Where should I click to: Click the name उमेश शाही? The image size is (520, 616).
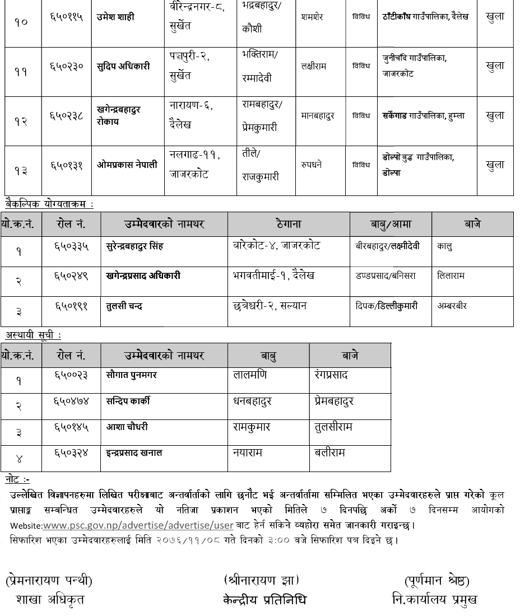pyautogui.click(x=115, y=17)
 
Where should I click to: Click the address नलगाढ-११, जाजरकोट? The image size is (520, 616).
pyautogui.click(x=196, y=165)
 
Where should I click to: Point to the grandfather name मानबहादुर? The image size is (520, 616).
pyautogui.click(x=318, y=116)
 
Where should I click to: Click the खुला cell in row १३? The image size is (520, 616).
pyautogui.click(x=495, y=165)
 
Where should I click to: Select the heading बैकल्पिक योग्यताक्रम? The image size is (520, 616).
pyautogui.click(x=49, y=204)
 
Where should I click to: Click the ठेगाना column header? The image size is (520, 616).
pyautogui.click(x=289, y=225)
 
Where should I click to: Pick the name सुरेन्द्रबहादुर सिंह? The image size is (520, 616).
pyautogui.click(x=134, y=246)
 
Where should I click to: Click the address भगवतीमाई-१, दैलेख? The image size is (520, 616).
pyautogui.click(x=273, y=275)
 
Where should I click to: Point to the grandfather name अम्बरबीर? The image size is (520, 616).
pyautogui.click(x=452, y=306)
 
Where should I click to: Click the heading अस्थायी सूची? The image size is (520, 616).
pyautogui.click(x=34, y=335)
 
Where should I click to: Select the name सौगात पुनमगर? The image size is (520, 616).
pyautogui.click(x=132, y=375)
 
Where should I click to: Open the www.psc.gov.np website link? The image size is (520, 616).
pyautogui.click(x=138, y=526)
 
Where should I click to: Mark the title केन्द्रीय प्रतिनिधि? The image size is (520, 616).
pyautogui.click(x=264, y=600)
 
